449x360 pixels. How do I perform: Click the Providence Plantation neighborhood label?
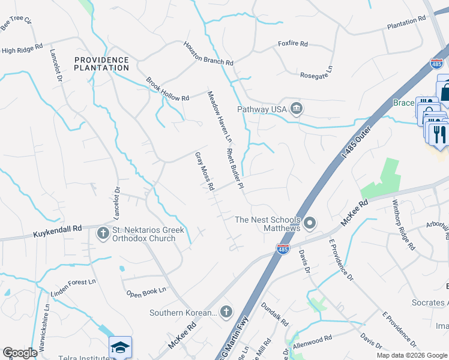[101, 64]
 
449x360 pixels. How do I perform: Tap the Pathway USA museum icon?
[296, 109]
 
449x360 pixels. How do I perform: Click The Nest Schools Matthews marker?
[310, 224]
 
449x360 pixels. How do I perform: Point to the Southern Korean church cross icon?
[226, 311]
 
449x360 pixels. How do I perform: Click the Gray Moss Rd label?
[205, 171]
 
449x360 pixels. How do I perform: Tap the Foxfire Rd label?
[292, 44]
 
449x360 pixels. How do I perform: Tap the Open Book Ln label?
[146, 292]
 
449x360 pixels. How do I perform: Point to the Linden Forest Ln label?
[74, 284]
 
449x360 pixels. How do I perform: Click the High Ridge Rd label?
[22, 49]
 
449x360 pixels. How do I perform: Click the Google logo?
[20, 353]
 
